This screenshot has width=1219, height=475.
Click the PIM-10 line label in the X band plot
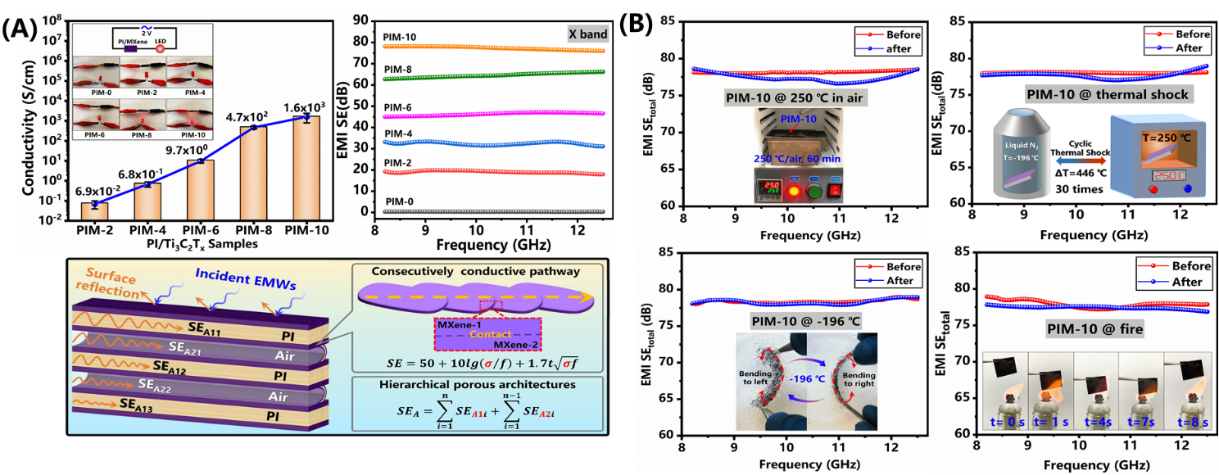tap(401, 38)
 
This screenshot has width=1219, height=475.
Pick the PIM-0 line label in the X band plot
tap(398, 201)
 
